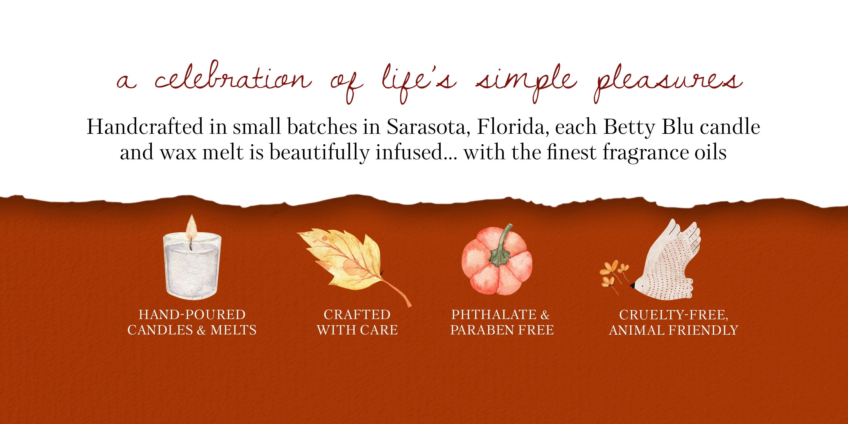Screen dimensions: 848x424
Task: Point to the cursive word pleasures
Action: click(x=669, y=82)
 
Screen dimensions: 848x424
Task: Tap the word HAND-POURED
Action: click(x=192, y=315)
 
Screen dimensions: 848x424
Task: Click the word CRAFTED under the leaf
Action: click(x=357, y=315)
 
